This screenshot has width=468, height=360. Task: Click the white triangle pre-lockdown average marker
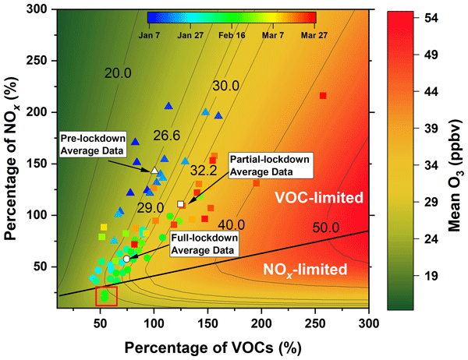pos(154,170)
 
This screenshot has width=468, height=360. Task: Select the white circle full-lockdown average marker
pos(126,258)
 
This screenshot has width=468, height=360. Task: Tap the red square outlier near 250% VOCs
pos(323,96)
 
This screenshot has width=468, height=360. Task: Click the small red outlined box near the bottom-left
pos(106,296)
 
